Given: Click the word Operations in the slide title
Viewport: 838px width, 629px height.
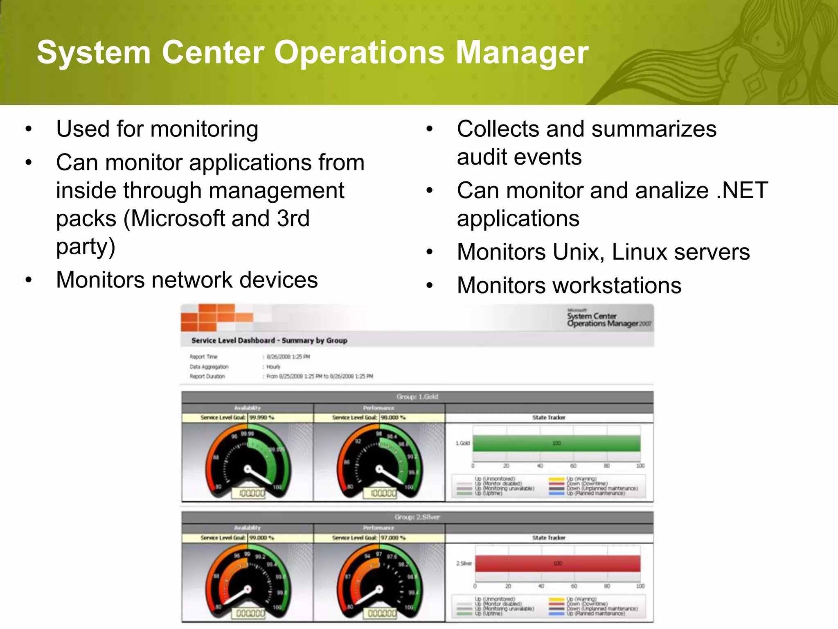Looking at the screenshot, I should (x=359, y=52).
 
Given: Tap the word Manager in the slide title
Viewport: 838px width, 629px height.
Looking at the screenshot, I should (x=522, y=52).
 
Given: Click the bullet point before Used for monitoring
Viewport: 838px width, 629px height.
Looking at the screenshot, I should (x=28, y=129).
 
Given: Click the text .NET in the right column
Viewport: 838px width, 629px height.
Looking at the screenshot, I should (x=742, y=190).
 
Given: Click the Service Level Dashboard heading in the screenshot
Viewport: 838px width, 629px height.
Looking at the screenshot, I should (x=269, y=340).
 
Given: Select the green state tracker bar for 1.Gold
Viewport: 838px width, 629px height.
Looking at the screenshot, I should (x=556, y=443).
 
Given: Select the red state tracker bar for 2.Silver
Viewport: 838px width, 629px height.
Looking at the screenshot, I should (x=557, y=563).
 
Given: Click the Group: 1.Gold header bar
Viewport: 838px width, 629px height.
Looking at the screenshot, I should (x=417, y=397).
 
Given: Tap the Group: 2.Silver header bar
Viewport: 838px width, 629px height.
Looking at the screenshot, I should (x=417, y=517).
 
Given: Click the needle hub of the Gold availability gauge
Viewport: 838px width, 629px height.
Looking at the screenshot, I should (x=248, y=469).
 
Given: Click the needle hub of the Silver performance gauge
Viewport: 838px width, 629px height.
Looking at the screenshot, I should (x=379, y=589).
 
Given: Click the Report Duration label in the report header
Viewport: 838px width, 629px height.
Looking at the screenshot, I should (x=207, y=376).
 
